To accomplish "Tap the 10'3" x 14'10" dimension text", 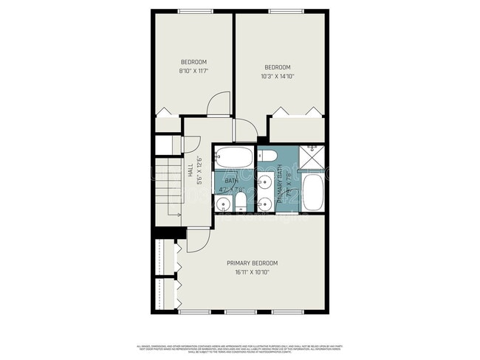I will [x=277, y=75].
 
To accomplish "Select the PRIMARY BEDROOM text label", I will [x=253, y=263].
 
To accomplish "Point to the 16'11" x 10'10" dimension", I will [x=253, y=272].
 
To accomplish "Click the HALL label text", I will [x=191, y=170].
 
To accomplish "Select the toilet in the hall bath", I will [x=240, y=204].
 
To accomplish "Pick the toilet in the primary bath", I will [x=268, y=154].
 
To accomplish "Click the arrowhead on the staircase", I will [x=179, y=215].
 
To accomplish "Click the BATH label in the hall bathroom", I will [x=231, y=181].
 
